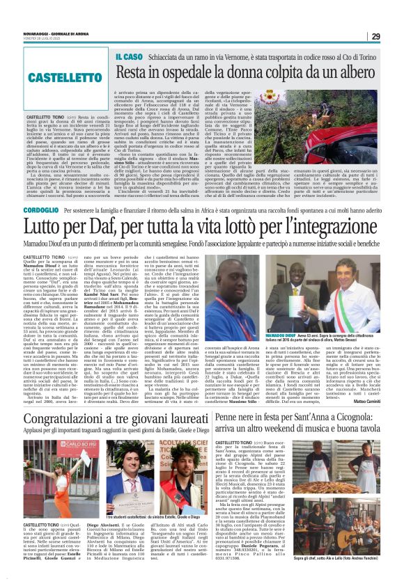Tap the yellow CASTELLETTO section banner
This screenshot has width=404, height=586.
56,77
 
